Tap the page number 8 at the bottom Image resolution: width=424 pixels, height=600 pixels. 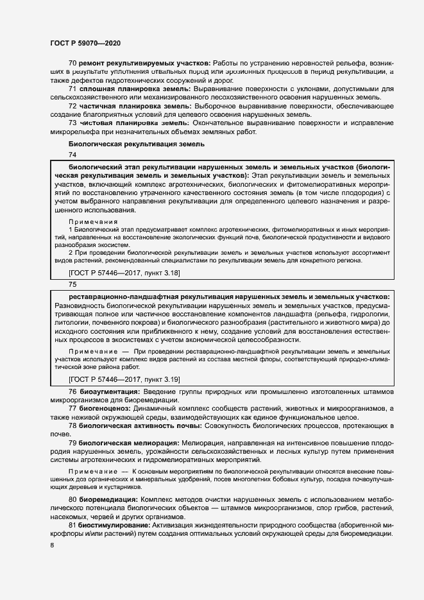(53, 545)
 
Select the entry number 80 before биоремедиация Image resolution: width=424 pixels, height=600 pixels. (72, 499)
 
